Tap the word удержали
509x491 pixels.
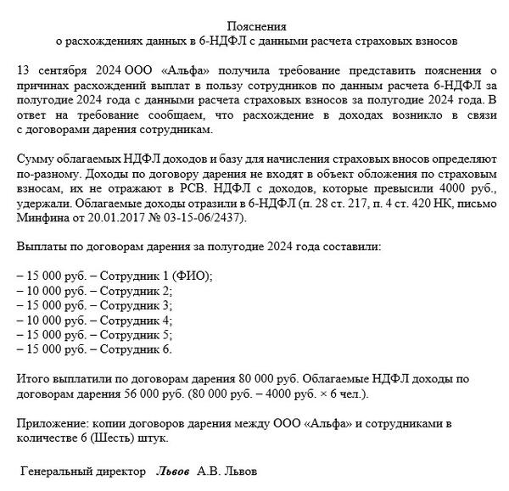pyautogui.click(x=42, y=204)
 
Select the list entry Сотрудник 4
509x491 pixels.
pyautogui.click(x=136, y=320)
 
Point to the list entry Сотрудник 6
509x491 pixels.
pyautogui.click(x=136, y=349)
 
